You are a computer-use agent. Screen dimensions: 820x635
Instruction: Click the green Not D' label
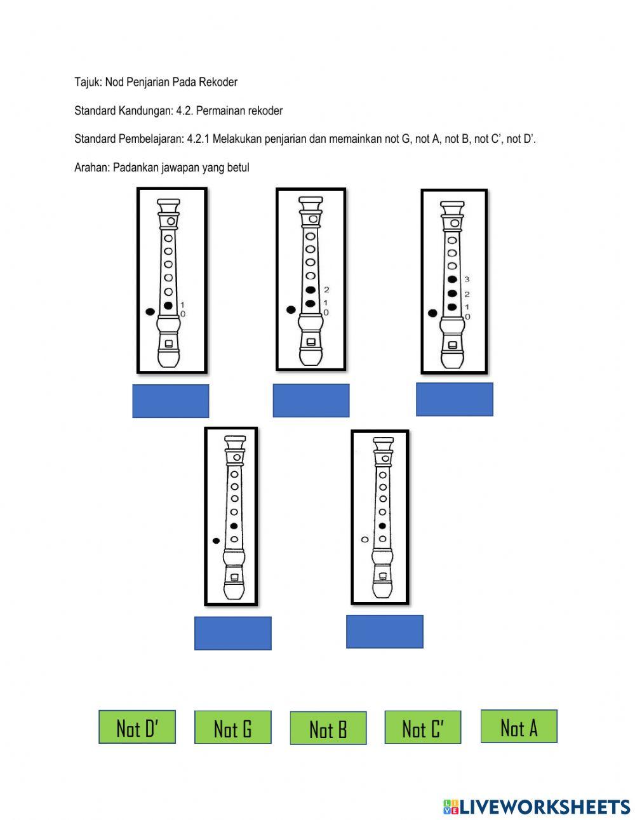[137, 727]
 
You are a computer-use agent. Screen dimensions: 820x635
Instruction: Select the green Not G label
[232, 727]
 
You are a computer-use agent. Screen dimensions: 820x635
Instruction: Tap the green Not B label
[328, 728]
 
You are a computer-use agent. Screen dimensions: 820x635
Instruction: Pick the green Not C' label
[422, 727]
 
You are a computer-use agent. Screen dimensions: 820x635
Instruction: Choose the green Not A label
[519, 726]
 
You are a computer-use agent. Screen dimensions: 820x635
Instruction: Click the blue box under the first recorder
[170, 401]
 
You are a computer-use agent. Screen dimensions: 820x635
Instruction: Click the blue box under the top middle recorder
[311, 400]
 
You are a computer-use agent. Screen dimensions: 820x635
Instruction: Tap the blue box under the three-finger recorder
[454, 399]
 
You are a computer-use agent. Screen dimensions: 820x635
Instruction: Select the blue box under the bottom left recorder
[232, 633]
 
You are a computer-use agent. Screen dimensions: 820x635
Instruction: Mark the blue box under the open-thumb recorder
[384, 631]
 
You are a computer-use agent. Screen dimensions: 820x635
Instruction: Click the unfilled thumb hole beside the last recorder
[364, 539]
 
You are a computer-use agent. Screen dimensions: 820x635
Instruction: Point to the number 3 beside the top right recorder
[467, 279]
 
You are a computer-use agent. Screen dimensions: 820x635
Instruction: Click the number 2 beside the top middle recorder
[326, 289]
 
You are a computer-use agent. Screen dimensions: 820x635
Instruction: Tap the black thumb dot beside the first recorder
[150, 311]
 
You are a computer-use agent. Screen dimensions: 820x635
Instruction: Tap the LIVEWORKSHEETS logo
[536, 806]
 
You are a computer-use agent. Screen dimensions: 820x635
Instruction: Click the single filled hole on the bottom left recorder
[234, 526]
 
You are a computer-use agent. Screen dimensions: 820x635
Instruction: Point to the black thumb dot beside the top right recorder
[432, 313]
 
